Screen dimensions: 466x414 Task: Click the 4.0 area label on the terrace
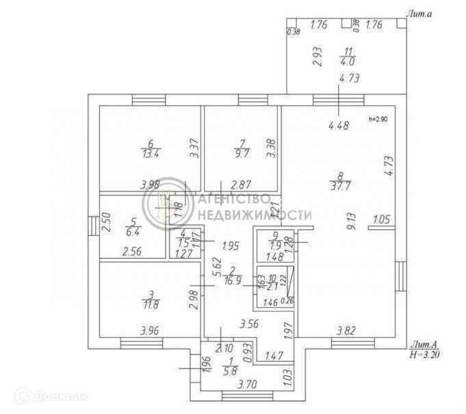350,60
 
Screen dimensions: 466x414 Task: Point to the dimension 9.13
351,220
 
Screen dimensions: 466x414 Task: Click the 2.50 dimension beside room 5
106,224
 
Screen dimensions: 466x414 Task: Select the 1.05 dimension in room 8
380,220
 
